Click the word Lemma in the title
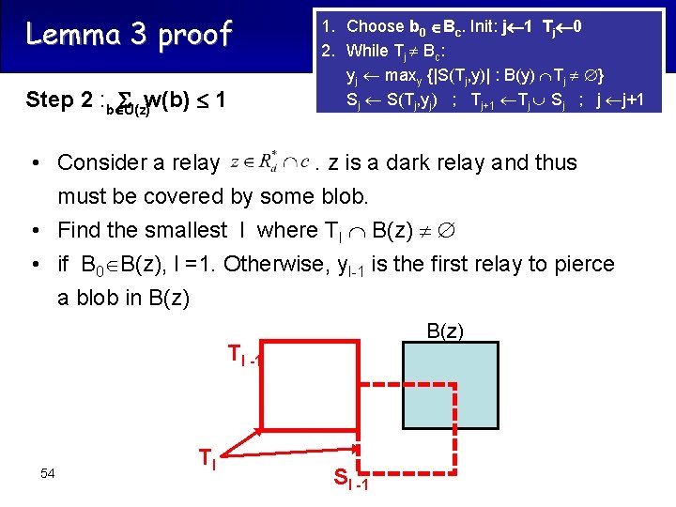pyautogui.click(x=67, y=35)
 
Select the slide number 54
pyautogui.click(x=48, y=472)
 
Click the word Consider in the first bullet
pyautogui.click(x=102, y=162)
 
